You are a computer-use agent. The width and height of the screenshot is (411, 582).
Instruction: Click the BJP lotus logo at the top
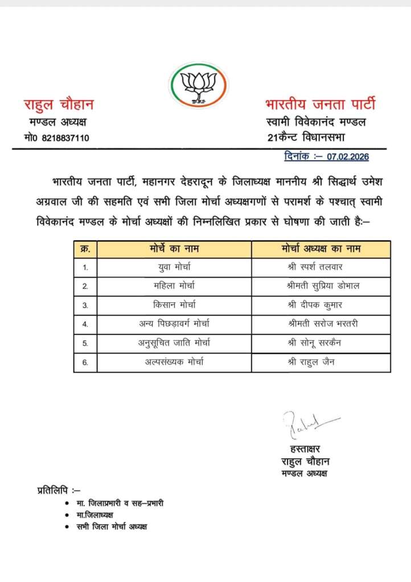pos(198,85)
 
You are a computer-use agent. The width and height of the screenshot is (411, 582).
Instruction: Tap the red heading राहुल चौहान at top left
pos(58,105)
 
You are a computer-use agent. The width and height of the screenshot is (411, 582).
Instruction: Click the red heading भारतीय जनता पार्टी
pos(320,105)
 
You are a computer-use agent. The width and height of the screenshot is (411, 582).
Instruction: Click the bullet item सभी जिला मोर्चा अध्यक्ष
pos(112,527)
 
